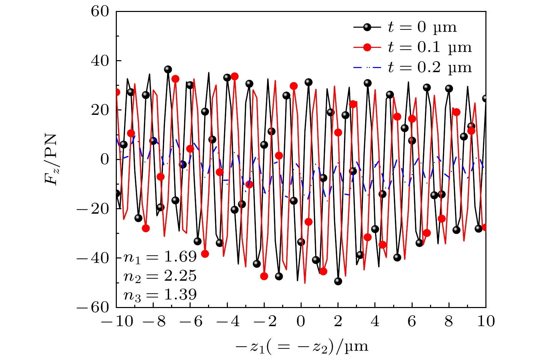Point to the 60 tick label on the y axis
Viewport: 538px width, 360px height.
tap(100, 12)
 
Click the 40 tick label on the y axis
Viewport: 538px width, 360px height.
tap(100, 61)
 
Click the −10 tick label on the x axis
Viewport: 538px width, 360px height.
tap(116, 322)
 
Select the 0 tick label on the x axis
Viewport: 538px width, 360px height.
tap(301, 322)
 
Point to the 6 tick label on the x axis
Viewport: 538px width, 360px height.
tap(412, 322)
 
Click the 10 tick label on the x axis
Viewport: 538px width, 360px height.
tap(486, 322)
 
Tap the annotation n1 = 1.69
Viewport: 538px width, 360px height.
tap(160, 257)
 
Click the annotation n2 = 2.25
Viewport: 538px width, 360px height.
tap(160, 276)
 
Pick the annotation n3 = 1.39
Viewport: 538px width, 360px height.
tap(160, 295)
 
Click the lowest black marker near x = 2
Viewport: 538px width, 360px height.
tap(338, 281)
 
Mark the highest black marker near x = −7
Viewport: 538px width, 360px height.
tap(168, 69)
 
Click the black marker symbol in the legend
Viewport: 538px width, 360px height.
tap(367, 27)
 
